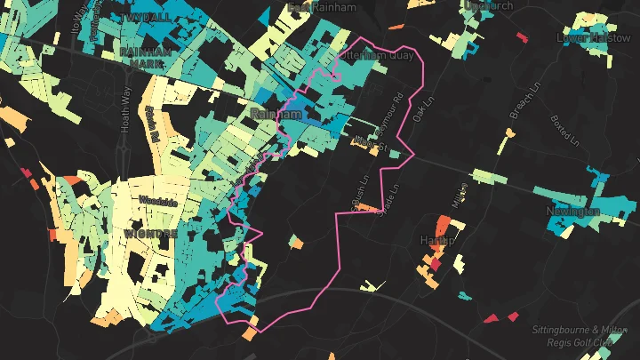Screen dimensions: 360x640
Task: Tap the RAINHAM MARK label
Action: (x=144, y=58)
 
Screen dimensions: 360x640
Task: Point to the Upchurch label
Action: (x=489, y=5)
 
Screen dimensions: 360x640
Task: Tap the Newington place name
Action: (x=572, y=212)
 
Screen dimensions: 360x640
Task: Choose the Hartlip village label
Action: (x=436, y=241)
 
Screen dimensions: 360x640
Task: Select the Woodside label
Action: (x=158, y=203)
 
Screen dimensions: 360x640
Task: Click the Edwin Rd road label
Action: (x=152, y=124)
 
